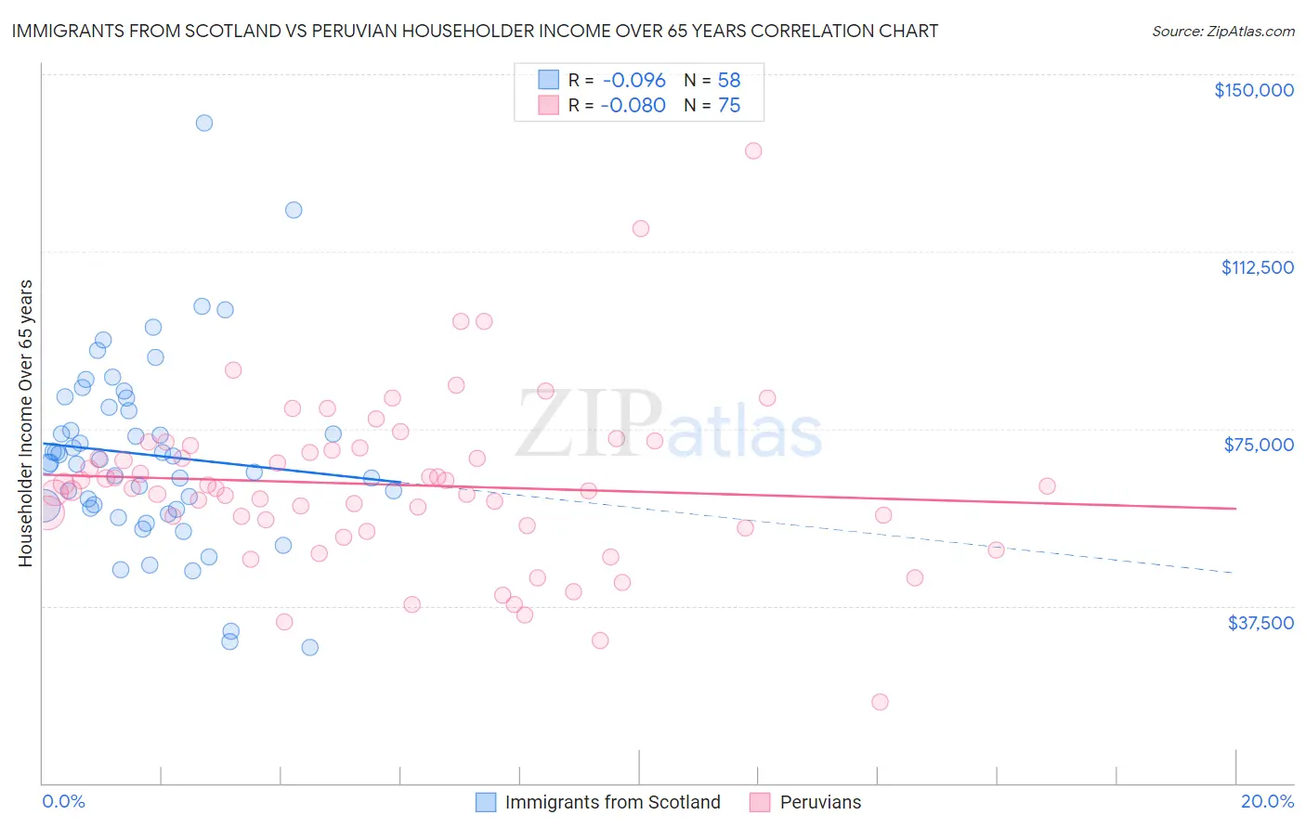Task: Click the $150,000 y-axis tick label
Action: pos(1253,90)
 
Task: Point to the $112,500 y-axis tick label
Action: pos(1257,267)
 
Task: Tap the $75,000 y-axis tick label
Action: pos(1259,445)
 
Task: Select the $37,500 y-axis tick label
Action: pos(1260,623)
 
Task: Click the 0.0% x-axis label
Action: pos(63,802)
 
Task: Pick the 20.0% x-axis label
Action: pos(1267,802)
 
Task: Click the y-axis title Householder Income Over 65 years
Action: pos(26,422)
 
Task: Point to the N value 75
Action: pos(729,106)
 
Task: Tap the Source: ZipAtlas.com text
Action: pos(1222,32)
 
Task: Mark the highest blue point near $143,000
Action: pos(204,123)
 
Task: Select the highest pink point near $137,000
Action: pos(753,150)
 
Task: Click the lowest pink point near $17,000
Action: pos(880,702)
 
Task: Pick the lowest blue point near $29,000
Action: pos(310,647)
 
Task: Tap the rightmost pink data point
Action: pos(1047,486)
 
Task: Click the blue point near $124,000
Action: pos(294,210)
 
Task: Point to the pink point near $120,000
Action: pos(641,228)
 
